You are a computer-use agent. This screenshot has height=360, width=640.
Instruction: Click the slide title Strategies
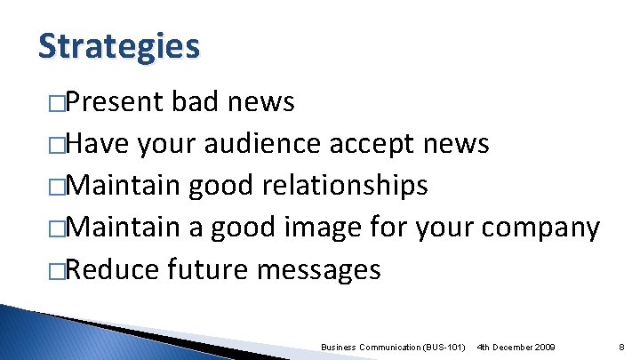119,45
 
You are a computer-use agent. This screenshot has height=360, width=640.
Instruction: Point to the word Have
97,144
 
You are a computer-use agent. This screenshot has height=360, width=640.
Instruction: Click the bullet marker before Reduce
58,270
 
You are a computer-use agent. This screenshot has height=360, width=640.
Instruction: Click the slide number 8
620,346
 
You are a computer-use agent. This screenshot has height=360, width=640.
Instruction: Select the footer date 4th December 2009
516,346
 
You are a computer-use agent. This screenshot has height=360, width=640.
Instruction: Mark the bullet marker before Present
58,103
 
